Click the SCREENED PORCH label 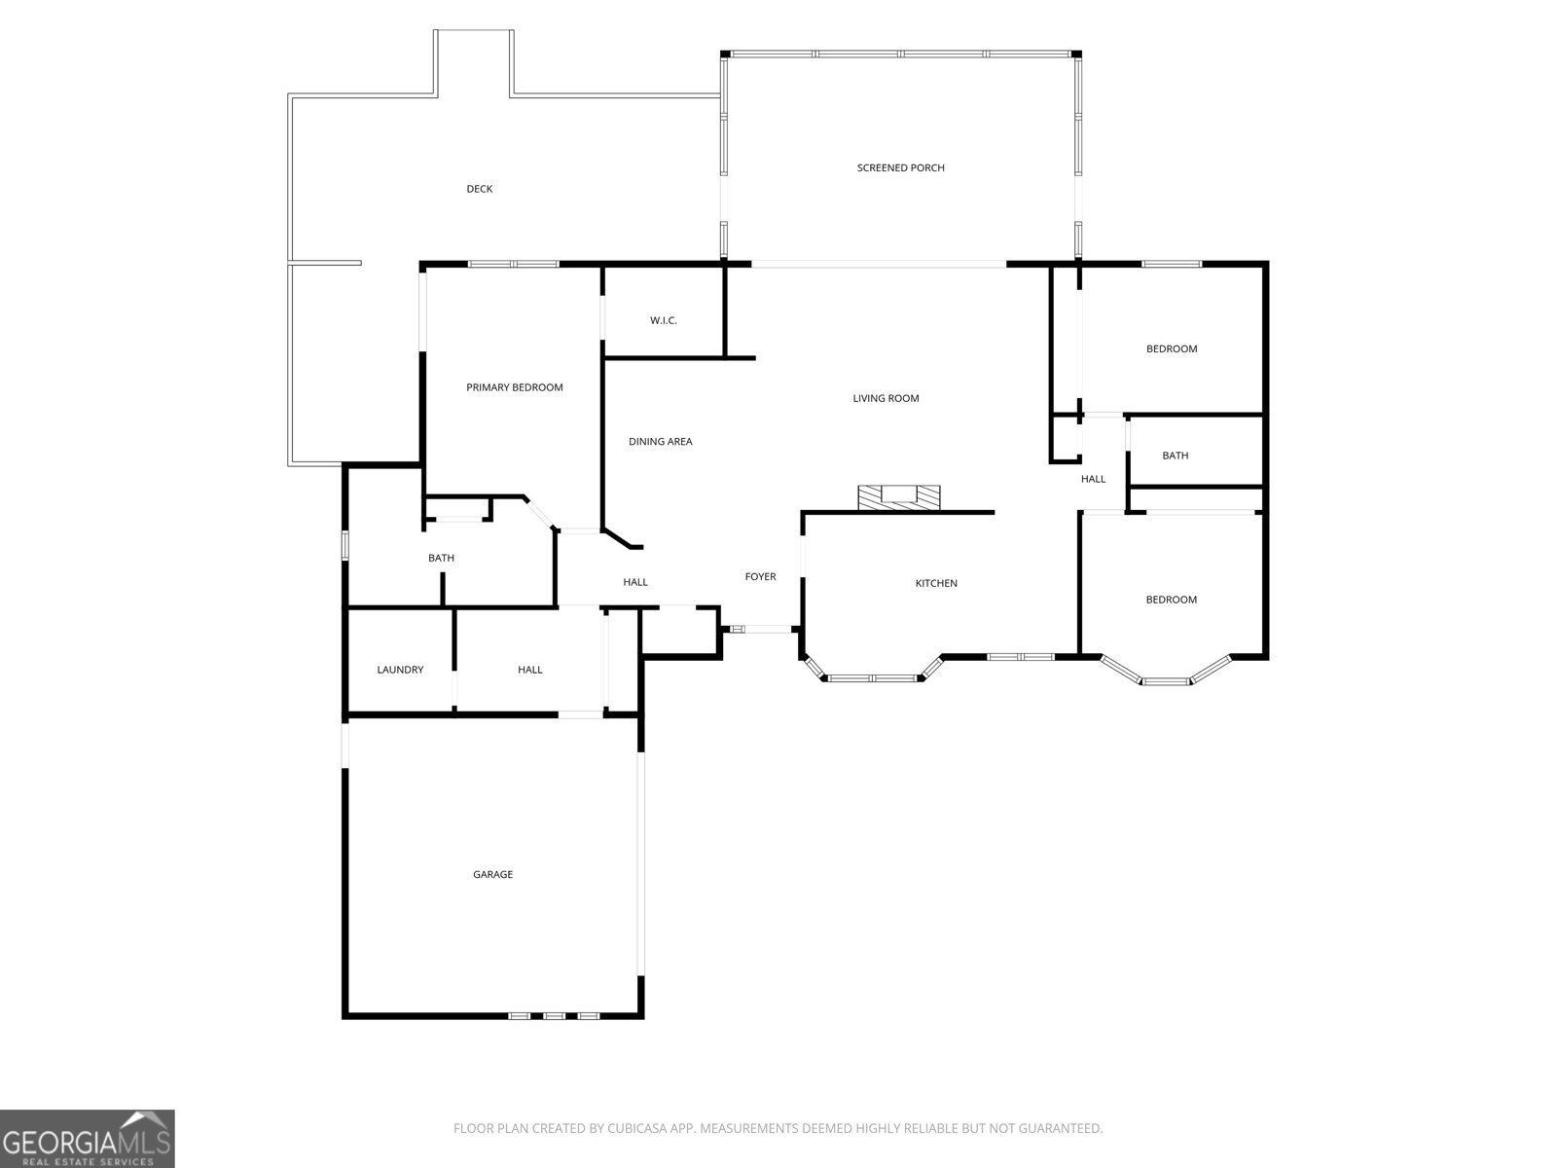click(x=900, y=167)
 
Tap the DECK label click(x=479, y=189)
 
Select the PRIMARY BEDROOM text click(x=514, y=387)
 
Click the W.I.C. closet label click(x=663, y=320)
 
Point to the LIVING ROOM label click(x=886, y=398)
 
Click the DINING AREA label click(x=660, y=442)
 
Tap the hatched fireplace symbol click(x=899, y=496)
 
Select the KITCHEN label click(x=936, y=583)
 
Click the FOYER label click(x=760, y=577)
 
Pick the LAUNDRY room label click(x=400, y=670)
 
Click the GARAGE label click(x=492, y=874)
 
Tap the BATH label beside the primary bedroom click(x=441, y=558)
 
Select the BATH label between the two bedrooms click(x=1175, y=456)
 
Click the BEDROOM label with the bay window click(x=1171, y=600)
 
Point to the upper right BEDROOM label click(x=1171, y=348)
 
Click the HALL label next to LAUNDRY click(x=529, y=670)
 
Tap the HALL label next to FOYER click(x=634, y=582)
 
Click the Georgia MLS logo click(x=88, y=1138)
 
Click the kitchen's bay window click(x=873, y=676)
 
